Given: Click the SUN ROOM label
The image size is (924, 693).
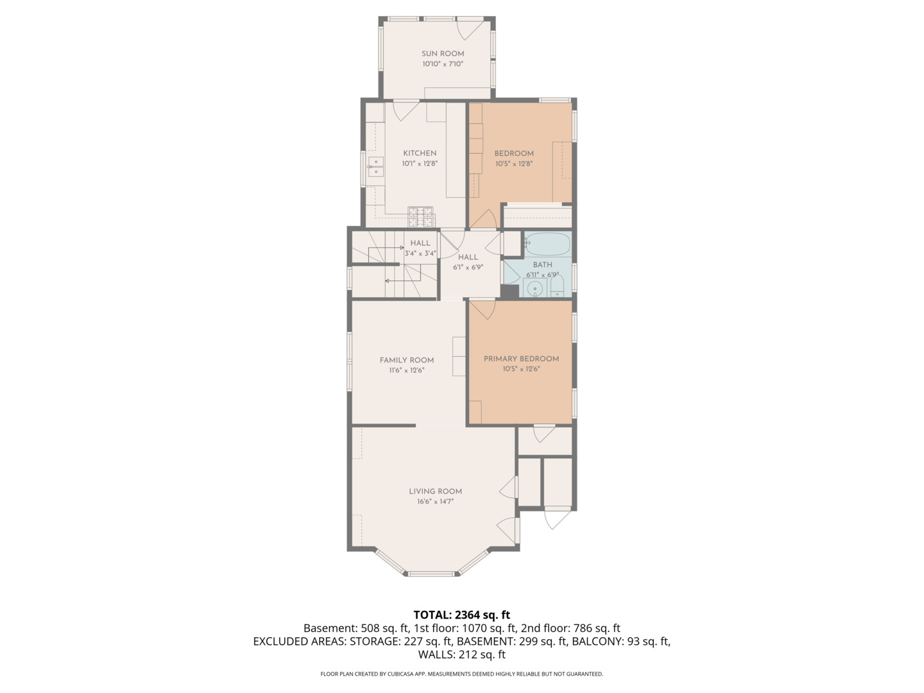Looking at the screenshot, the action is (443, 54).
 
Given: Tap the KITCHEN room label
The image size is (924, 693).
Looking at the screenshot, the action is (420, 153).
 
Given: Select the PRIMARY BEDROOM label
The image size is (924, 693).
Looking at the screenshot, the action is (521, 359).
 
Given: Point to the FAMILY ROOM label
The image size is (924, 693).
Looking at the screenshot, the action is (407, 360).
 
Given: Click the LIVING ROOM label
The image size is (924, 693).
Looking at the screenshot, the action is (435, 492).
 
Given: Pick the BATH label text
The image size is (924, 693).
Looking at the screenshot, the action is (543, 264).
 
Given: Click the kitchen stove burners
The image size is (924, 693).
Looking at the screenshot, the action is (421, 217).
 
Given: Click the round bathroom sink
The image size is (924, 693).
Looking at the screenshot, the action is (535, 289).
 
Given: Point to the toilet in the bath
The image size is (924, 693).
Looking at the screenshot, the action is (557, 286).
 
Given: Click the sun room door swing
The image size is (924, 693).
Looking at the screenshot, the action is (470, 30).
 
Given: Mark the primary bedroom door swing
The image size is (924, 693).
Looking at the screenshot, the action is (483, 309).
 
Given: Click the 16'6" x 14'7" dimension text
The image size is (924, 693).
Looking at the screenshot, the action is (435, 502).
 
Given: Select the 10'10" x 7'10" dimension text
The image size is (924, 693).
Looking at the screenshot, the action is (443, 64).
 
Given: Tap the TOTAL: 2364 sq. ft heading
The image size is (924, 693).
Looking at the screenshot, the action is (462, 615).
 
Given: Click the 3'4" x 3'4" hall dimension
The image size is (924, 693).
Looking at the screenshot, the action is (420, 253).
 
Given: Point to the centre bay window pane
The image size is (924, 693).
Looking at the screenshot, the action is (431, 574).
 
